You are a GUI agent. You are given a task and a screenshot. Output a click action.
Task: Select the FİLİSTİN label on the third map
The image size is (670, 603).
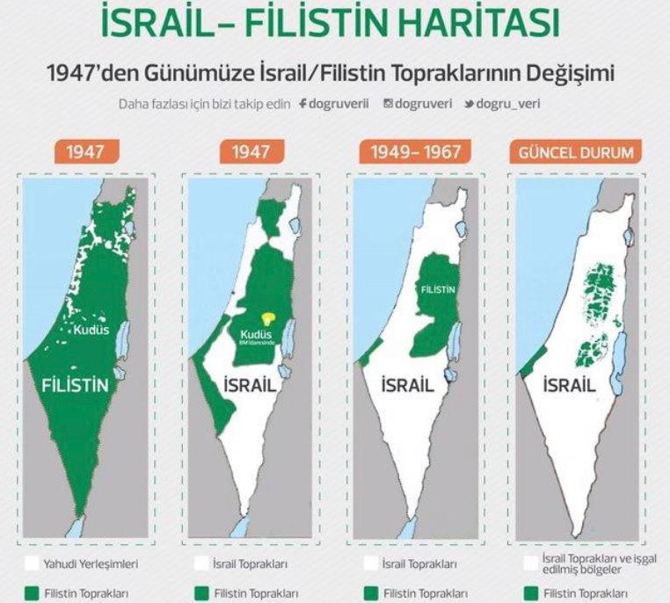point(436,289)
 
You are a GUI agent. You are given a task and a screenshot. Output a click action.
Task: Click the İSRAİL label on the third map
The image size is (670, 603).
point(406,385)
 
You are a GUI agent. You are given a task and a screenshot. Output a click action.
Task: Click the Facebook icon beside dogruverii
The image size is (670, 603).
point(302,104)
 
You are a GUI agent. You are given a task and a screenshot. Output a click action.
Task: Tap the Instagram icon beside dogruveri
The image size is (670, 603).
point(388,104)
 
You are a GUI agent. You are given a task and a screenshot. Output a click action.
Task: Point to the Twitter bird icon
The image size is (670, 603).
point(470,104)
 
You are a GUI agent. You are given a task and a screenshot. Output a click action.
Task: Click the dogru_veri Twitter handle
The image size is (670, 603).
point(509,104)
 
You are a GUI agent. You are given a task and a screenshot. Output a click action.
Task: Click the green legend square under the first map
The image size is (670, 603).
point(32,594)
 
